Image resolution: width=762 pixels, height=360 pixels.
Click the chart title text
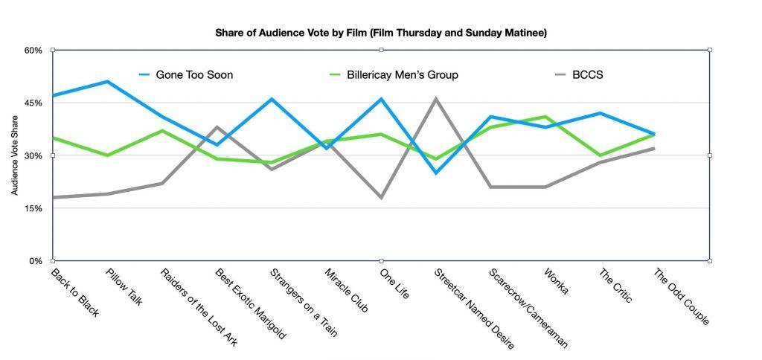[381, 33]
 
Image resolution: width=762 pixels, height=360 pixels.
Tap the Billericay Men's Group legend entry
[394, 74]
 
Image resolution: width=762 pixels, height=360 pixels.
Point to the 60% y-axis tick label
[33, 50]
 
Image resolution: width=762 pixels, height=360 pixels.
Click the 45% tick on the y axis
[33, 103]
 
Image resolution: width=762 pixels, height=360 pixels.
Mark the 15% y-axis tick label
[33, 208]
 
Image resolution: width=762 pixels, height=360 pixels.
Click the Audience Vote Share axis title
[15, 155]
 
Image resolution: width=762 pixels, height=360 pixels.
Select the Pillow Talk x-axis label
[123, 286]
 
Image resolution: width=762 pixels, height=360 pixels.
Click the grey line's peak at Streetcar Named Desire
[436, 98]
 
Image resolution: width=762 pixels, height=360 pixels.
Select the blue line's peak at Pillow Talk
[108, 81]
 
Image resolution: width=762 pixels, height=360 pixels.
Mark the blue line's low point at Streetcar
[436, 173]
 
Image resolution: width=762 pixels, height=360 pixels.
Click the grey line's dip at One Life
[382, 198]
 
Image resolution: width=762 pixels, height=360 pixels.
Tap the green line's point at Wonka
[546, 117]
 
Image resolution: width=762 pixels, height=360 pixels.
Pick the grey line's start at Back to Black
[54, 198]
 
